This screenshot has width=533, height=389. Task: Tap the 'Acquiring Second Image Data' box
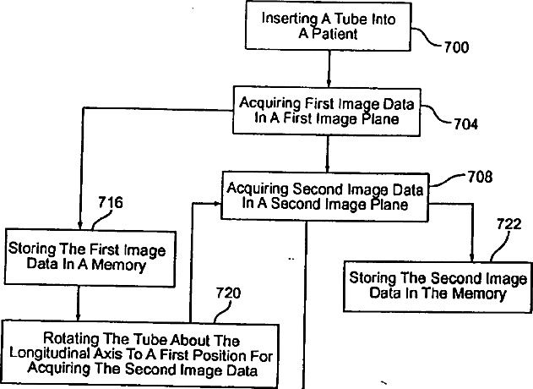point(325,196)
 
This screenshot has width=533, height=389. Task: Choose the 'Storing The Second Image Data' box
point(438,286)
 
